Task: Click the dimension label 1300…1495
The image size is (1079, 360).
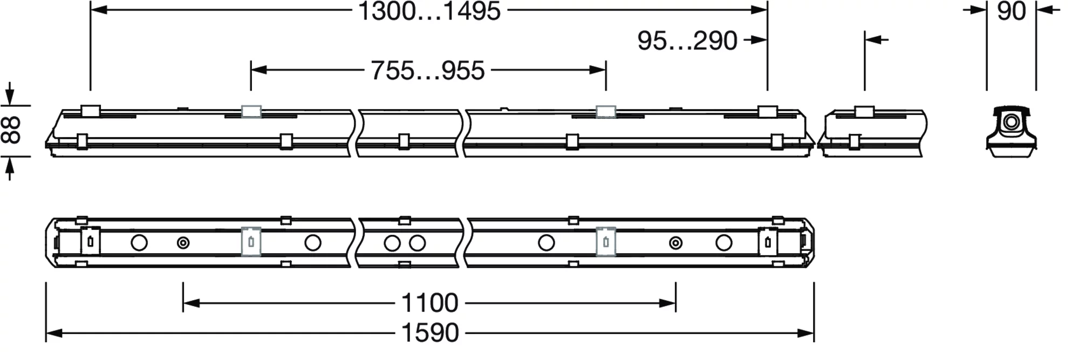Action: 429,11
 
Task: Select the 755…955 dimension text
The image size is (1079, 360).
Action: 428,71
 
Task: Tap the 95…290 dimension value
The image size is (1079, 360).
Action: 687,41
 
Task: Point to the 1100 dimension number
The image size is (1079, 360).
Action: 430,303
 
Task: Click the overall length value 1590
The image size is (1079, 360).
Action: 431,333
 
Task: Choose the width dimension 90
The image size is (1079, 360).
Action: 1012,11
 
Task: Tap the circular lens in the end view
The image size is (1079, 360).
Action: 1011,123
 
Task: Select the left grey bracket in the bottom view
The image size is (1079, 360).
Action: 251,241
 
